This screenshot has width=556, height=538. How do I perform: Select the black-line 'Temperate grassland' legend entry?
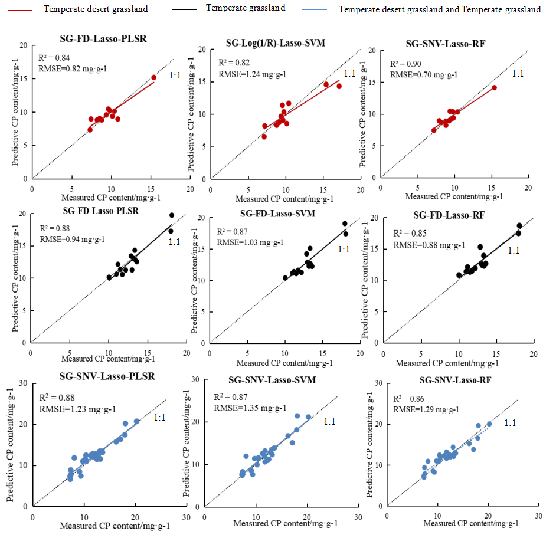click(246, 8)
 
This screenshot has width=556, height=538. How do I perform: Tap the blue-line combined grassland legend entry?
click(440, 9)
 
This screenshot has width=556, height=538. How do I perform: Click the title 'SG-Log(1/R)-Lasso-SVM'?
click(275, 43)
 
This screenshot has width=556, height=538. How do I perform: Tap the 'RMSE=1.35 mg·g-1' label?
click(250, 408)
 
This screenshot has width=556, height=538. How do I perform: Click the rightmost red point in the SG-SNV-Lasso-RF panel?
click(495, 87)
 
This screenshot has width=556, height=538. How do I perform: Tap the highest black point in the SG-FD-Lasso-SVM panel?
click(345, 224)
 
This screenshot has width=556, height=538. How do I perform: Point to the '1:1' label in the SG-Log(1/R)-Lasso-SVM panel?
click(349, 74)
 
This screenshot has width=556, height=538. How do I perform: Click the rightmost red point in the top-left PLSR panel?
click(153, 77)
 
